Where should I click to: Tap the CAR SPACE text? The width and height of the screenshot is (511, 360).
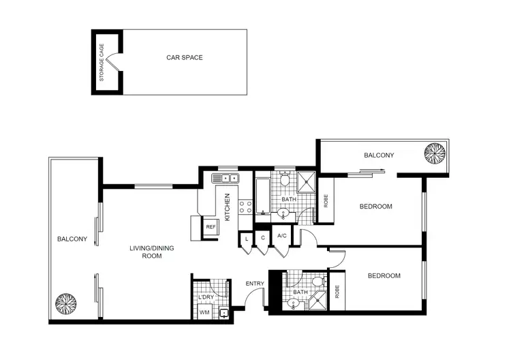tap(185, 58)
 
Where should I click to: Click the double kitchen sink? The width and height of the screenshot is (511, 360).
tap(226, 179)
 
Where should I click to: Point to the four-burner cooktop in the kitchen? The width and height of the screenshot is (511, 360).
tap(245, 207)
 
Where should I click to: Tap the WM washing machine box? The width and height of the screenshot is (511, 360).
tap(204, 312)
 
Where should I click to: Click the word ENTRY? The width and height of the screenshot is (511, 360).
tap(254, 284)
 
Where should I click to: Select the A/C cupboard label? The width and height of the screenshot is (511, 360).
tap(281, 237)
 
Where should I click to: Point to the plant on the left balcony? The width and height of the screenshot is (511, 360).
tap(66, 303)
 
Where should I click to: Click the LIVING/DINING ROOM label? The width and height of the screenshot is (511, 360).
tap(145, 252)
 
